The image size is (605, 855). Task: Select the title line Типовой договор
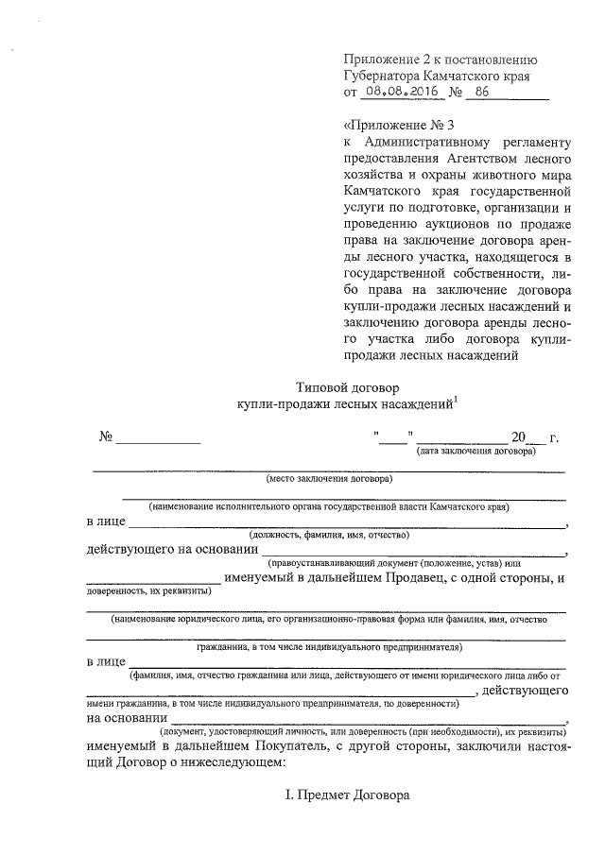(x=349, y=386)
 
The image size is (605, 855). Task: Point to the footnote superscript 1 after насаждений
(x=456, y=399)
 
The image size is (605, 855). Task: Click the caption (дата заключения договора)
(x=476, y=452)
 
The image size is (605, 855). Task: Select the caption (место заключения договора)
(x=328, y=478)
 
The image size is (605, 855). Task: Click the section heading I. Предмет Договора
(x=348, y=795)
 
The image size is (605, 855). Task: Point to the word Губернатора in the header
(x=385, y=74)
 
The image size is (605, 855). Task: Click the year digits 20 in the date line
(x=517, y=438)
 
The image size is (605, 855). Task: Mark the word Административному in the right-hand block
(x=437, y=142)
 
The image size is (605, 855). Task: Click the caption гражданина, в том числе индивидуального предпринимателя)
(x=328, y=648)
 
